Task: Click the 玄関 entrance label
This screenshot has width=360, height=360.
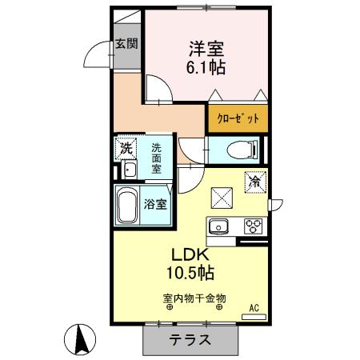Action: [x=126, y=44]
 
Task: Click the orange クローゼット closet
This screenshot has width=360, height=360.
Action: [x=238, y=118]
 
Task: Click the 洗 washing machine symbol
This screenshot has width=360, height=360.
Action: [x=126, y=148]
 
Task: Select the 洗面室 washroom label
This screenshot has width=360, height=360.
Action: [x=158, y=158]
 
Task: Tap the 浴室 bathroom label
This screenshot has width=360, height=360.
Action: [x=155, y=203]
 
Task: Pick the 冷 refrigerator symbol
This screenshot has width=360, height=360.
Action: [x=258, y=182]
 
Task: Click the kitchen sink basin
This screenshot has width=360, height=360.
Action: [x=219, y=226]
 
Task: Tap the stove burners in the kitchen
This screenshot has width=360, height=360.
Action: [x=254, y=226]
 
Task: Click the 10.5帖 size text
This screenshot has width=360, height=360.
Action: [x=190, y=273]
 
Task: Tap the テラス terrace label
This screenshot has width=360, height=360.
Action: [x=190, y=339]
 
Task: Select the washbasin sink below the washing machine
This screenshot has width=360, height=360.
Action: [x=129, y=169]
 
